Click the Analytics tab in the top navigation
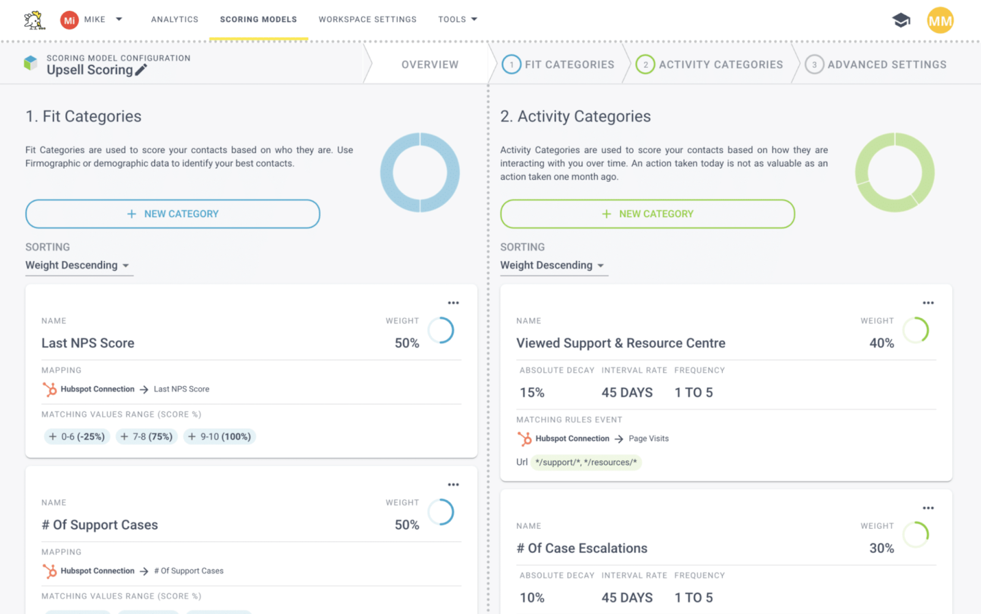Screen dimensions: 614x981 (175, 20)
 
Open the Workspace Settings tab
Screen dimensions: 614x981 (367, 20)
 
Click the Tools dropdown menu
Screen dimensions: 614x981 (457, 20)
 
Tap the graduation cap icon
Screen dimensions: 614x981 (901, 20)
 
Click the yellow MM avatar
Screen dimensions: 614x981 (940, 21)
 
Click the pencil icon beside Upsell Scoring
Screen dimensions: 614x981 (141, 70)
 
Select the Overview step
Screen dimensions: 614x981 (430, 64)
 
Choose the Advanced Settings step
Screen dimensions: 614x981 (877, 64)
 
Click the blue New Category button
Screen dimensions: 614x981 (172, 214)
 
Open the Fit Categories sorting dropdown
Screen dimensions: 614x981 (78, 265)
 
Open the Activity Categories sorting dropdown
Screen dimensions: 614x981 (552, 265)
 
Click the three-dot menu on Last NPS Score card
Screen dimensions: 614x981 (453, 303)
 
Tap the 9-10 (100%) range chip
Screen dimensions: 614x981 (219, 436)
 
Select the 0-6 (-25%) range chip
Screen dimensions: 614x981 (77, 436)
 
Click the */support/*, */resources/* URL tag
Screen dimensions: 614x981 (586, 462)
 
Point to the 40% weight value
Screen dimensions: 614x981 (882, 343)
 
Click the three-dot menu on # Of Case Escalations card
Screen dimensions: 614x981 (928, 508)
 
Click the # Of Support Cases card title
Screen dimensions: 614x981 (100, 525)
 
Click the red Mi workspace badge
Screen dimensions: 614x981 (69, 20)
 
